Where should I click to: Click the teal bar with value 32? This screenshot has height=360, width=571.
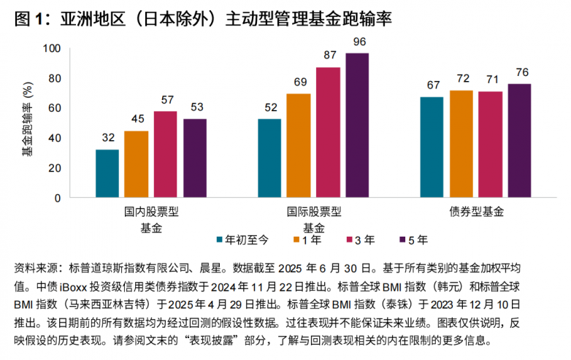click(107, 173)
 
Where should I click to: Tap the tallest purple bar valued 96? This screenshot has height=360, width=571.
click(357, 125)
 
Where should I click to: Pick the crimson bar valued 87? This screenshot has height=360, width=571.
click(328, 132)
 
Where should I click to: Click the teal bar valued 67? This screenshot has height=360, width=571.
click(432, 147)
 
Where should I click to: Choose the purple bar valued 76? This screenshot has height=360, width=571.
click(520, 140)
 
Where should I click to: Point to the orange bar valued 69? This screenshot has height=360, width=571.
click(298, 145)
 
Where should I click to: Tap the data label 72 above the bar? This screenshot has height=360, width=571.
click(461, 78)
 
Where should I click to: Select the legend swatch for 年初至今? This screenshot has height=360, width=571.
click(220, 238)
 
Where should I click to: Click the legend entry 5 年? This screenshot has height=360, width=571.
click(418, 238)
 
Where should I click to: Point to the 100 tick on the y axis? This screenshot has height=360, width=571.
click(53, 48)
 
